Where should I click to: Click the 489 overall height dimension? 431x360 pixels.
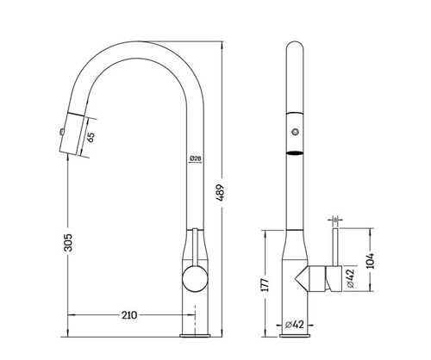(x=221, y=193)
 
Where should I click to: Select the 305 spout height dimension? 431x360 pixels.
(x=68, y=243)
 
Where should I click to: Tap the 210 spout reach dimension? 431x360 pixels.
(x=129, y=315)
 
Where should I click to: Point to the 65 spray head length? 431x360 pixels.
(x=91, y=137)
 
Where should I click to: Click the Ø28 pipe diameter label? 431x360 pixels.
(x=196, y=158)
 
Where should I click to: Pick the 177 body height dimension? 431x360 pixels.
(x=265, y=285)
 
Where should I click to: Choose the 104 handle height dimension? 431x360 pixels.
(x=371, y=261)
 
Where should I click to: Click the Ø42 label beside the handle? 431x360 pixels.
(x=351, y=278)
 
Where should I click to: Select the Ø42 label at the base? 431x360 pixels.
(x=295, y=325)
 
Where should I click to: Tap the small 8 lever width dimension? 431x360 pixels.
(x=335, y=220)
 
